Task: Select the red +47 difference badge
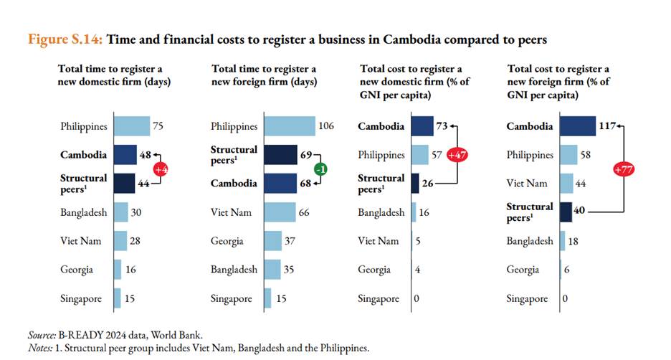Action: click(456, 155)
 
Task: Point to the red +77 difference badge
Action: click(622, 169)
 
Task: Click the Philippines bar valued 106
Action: click(290, 126)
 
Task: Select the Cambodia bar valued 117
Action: click(578, 126)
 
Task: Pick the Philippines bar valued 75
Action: click(132, 126)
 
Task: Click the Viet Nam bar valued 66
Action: click(280, 212)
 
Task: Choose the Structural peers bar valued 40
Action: click(566, 212)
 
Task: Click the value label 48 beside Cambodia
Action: click(146, 155)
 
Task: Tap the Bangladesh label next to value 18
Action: click(530, 241)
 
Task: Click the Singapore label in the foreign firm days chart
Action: click(232, 298)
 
